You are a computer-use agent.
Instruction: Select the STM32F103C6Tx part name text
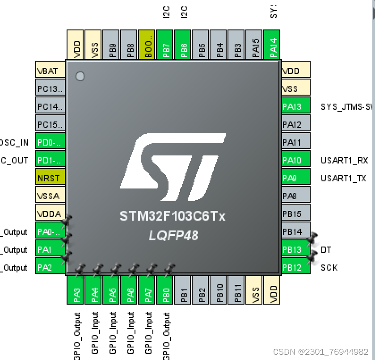point(173,217)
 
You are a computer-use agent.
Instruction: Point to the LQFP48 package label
point(173,235)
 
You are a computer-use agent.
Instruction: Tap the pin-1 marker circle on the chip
point(80,76)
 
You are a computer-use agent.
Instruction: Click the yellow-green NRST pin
point(50,177)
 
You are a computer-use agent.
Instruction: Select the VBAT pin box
point(50,70)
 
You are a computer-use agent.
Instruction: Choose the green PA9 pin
point(296,178)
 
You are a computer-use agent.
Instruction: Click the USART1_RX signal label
point(344,160)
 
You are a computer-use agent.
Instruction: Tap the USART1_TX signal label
point(343,178)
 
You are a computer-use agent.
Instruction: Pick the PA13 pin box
point(296,107)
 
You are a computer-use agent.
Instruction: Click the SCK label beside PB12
point(329,268)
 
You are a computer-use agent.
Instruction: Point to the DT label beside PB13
point(326,250)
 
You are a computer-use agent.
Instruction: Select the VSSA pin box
point(50,195)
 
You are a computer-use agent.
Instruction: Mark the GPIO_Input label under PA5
point(113,333)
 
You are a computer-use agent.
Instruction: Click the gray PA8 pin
point(296,196)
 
